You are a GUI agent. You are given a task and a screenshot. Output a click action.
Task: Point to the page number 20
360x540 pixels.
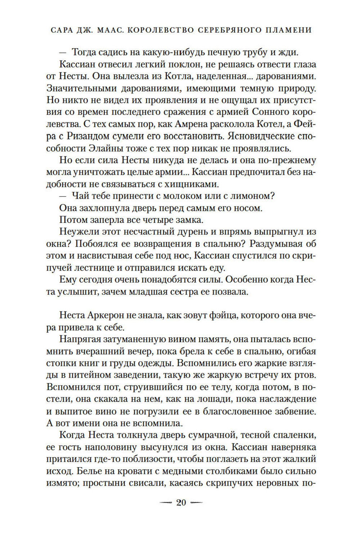181,503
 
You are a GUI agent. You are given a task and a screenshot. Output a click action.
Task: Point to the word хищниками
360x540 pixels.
194,184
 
